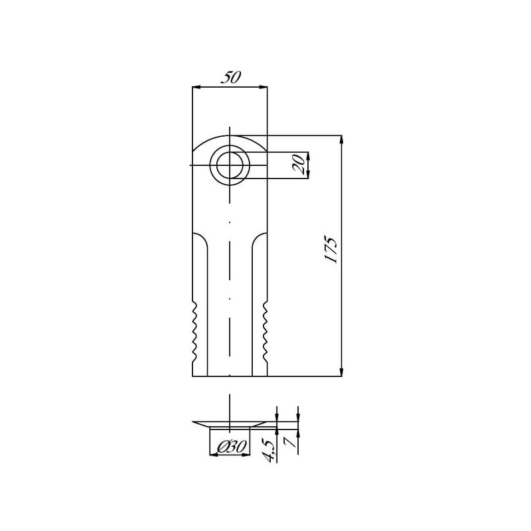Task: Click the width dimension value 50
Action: point(230,78)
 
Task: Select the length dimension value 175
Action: point(331,249)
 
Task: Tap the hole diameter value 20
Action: point(299,165)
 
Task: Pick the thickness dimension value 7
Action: point(291,442)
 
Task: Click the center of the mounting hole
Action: point(230,165)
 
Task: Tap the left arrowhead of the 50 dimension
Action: point(196,88)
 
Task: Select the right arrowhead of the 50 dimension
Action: point(263,88)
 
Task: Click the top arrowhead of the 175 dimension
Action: point(341,140)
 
